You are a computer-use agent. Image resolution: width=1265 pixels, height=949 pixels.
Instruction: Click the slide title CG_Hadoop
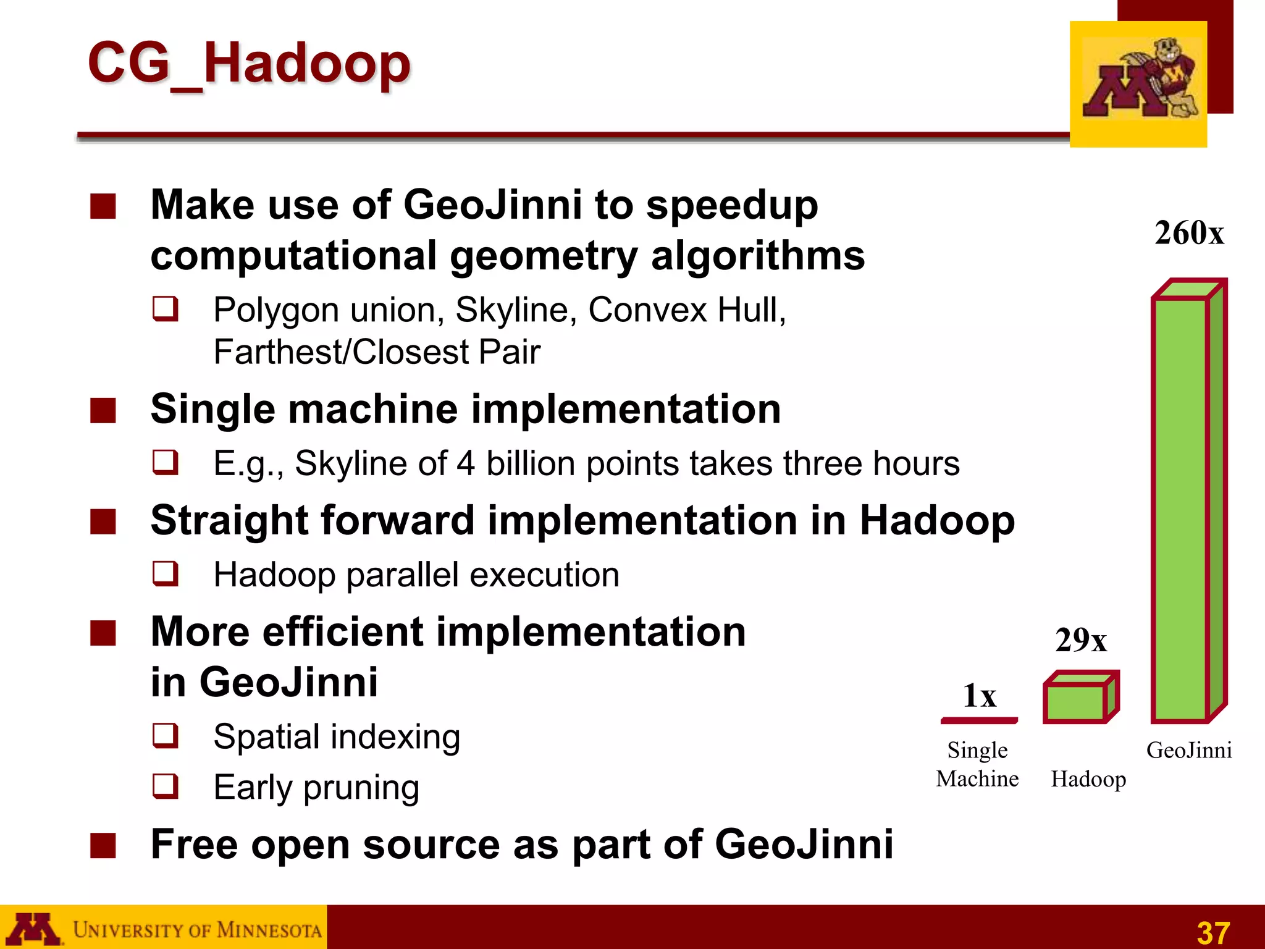pos(248,63)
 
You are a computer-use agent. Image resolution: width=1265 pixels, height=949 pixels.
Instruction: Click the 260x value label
pos(1189,234)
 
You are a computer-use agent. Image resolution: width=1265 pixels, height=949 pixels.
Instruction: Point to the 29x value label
pos(1081,640)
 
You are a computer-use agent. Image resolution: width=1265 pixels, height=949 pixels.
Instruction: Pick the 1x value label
pos(979,696)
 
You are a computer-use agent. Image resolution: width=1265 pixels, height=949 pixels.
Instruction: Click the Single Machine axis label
pos(977,764)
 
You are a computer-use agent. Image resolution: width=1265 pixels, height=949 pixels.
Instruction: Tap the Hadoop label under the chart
pos(1088,779)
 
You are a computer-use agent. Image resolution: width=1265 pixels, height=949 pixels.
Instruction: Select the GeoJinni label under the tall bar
pos(1189,750)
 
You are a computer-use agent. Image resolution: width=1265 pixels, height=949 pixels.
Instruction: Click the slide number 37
pos(1213,932)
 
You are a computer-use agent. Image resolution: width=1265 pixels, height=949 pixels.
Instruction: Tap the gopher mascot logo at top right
pos(1138,83)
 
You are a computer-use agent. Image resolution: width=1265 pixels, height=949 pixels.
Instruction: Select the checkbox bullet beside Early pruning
pos(166,786)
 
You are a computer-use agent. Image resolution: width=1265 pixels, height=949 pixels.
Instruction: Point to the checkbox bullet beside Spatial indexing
pos(166,735)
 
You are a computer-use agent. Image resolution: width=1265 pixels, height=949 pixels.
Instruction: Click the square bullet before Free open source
pos(103,845)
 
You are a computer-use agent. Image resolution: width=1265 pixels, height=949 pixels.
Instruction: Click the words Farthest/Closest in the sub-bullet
pos(341,352)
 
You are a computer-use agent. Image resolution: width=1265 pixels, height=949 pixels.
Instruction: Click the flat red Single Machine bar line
pos(979,720)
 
